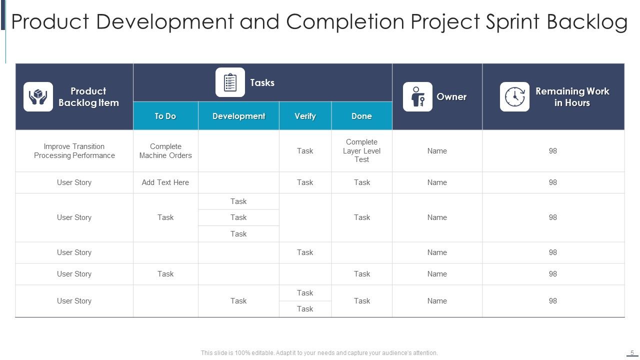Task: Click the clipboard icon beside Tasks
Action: [230, 82]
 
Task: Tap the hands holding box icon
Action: [38, 96]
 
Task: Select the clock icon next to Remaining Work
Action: [514, 96]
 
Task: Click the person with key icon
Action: [417, 96]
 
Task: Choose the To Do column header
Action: [165, 116]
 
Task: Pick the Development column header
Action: [238, 116]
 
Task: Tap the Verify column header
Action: [305, 116]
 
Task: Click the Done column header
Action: [361, 116]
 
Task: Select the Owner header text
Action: [451, 96]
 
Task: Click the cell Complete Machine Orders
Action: [165, 151]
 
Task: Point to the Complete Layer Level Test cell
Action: [361, 151]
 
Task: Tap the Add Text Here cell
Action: [165, 182]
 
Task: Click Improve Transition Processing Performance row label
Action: [74, 151]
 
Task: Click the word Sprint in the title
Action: [511, 22]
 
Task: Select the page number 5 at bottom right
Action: [632, 352]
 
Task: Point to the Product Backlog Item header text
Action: [88, 97]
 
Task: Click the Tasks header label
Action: [262, 82]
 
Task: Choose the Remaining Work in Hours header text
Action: [572, 97]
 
